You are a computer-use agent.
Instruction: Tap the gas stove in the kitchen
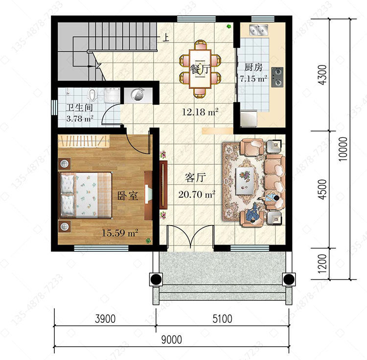pos(277,77)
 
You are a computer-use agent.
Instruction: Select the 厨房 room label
pos(253,67)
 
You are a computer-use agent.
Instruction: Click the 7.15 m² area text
pos(253,79)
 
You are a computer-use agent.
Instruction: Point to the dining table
pos(200,69)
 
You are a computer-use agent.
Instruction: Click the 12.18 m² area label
pos(200,112)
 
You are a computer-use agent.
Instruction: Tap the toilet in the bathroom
pos(93,95)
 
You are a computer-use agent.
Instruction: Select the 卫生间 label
pos(79,108)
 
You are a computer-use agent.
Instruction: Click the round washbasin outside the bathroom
pos(138,95)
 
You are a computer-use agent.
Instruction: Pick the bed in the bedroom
pos(86,195)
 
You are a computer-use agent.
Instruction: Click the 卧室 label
pos(127,196)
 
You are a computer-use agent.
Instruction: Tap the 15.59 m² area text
pos(120,233)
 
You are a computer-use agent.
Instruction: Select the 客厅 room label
pos(195,178)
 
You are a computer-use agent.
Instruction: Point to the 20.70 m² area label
pos(197,194)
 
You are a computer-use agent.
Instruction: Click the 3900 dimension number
pos(105,319)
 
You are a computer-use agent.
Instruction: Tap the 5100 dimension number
pos(222,319)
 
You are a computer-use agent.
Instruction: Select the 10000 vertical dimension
pos(343,149)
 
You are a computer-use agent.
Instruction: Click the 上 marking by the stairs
pos(166,38)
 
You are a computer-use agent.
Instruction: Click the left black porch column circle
pos(156,279)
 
